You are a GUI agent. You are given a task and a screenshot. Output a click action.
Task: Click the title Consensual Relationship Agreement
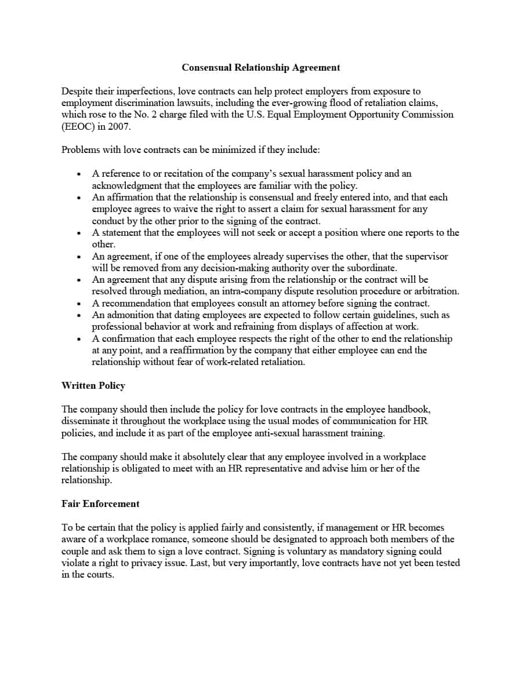pyautogui.click(x=261, y=67)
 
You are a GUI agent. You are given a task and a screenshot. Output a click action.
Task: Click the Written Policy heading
pyautogui.click(x=93, y=385)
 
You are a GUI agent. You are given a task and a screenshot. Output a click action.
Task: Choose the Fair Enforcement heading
pyautogui.click(x=100, y=503)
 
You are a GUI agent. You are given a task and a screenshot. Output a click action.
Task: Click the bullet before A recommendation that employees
pyautogui.click(x=78, y=304)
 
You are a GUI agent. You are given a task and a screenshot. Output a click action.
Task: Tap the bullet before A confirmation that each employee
pyautogui.click(x=78, y=339)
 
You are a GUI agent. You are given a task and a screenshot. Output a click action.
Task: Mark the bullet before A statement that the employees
pyautogui.click(x=78, y=233)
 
